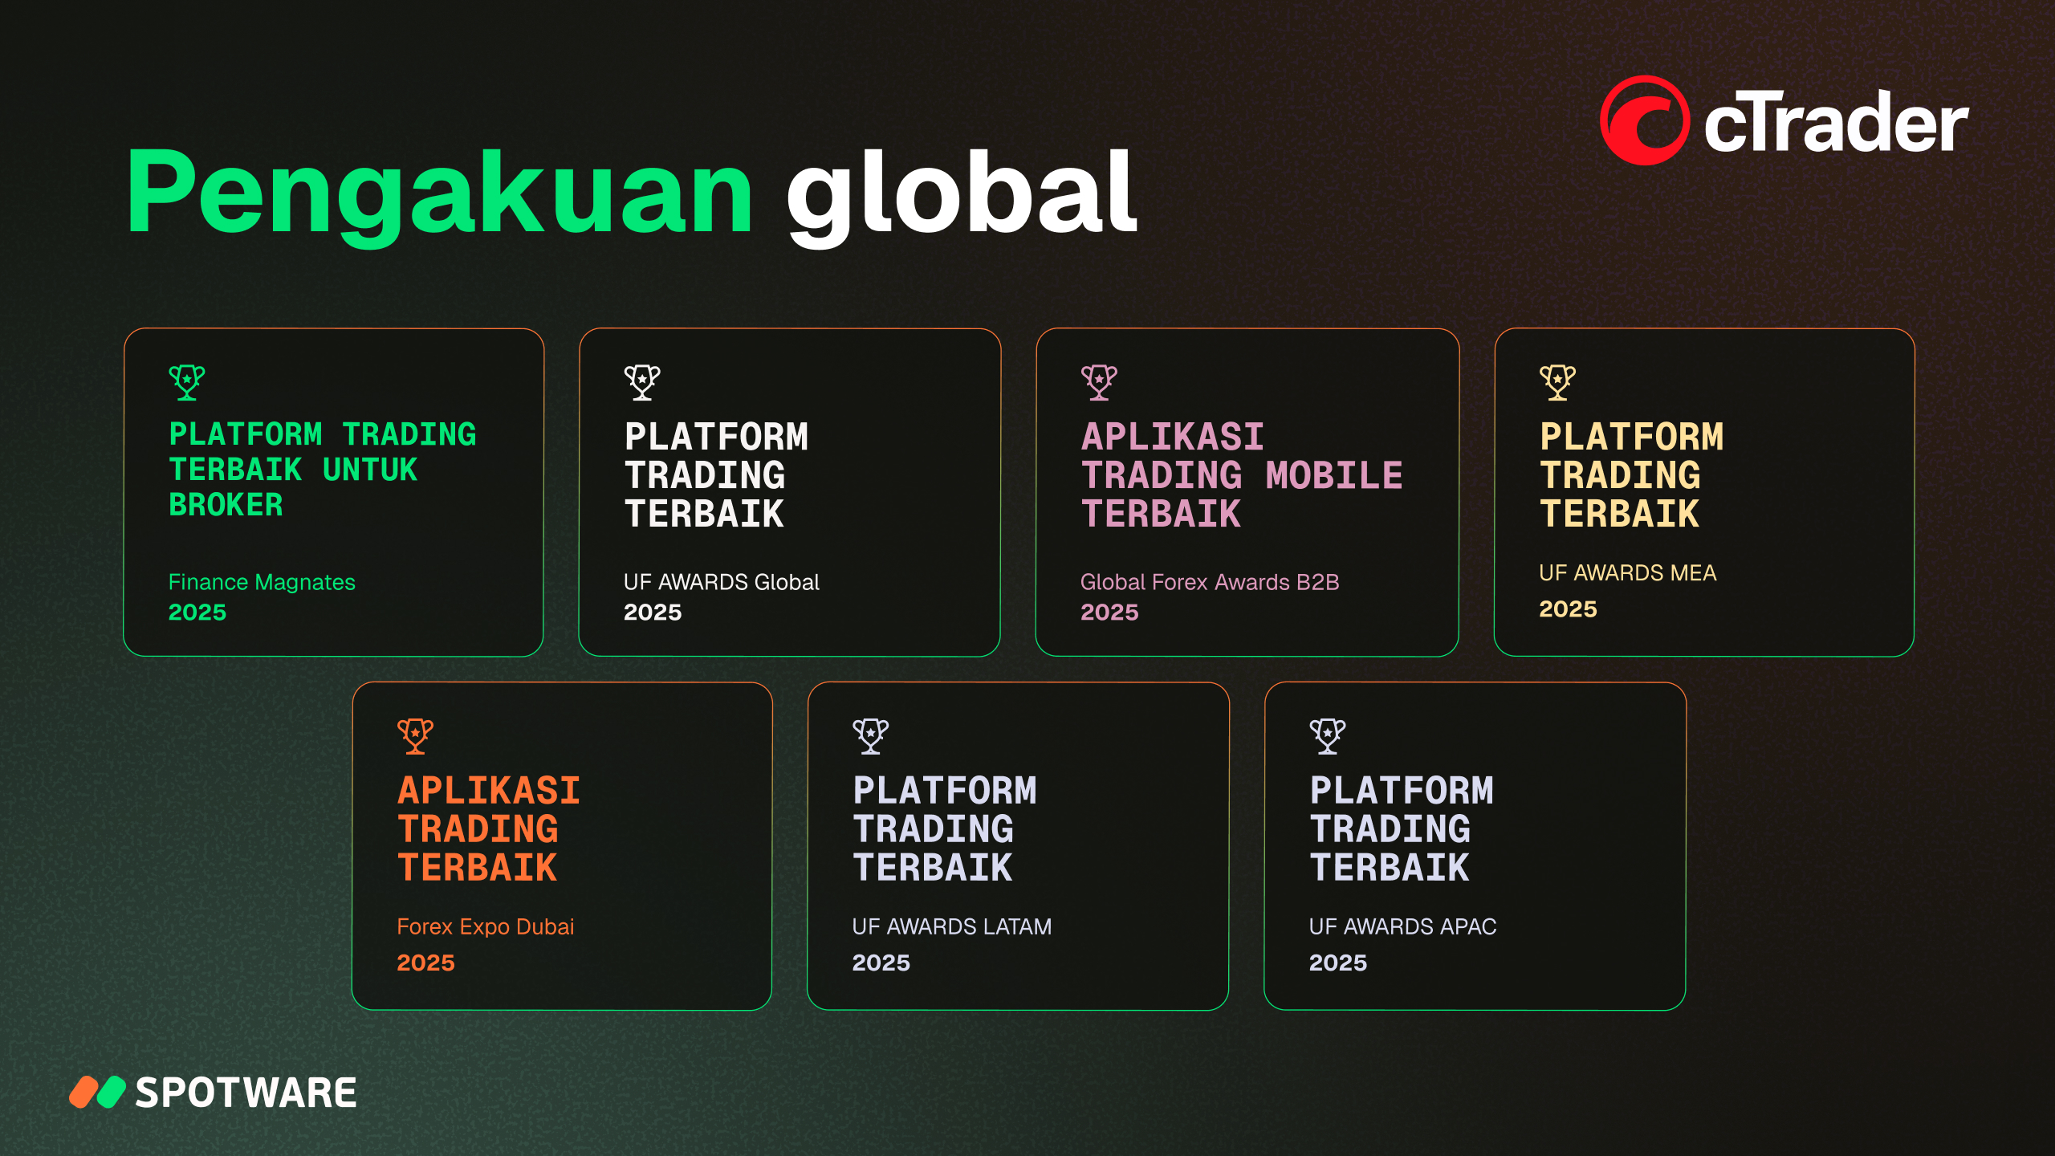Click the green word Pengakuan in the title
(x=440, y=196)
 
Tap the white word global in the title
(x=962, y=196)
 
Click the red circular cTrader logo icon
(x=1645, y=120)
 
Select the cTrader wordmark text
(x=1836, y=123)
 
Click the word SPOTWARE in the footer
(x=246, y=1093)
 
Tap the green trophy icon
(x=187, y=382)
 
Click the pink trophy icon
(x=1099, y=382)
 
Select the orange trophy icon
(x=415, y=735)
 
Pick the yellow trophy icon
(x=1557, y=382)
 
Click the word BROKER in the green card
(x=226, y=506)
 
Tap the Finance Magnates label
(x=262, y=582)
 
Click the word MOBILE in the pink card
(x=1334, y=475)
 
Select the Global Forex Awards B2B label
(x=1210, y=582)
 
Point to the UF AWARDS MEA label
(x=1628, y=573)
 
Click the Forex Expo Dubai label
(x=486, y=927)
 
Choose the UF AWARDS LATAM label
(x=952, y=927)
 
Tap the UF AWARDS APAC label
(x=1403, y=927)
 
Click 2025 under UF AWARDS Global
(x=653, y=613)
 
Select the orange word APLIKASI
(x=489, y=791)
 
